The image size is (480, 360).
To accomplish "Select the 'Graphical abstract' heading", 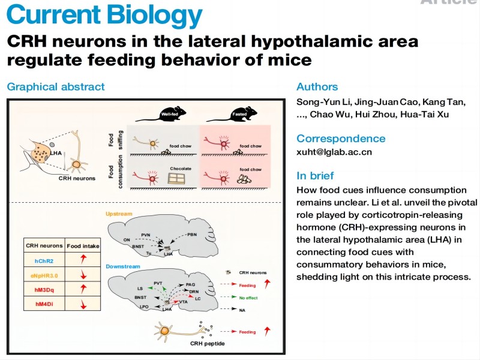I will (56, 86).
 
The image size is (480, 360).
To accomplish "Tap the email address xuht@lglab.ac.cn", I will (334, 152).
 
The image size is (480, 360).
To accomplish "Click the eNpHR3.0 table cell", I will (43, 275).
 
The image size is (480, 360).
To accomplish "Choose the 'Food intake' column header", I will (83, 246).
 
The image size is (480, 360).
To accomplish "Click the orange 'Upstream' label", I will (119, 214).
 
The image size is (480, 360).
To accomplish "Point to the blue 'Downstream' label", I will (123, 266).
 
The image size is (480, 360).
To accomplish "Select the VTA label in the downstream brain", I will (183, 302).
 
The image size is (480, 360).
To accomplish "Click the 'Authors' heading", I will (317, 86).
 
